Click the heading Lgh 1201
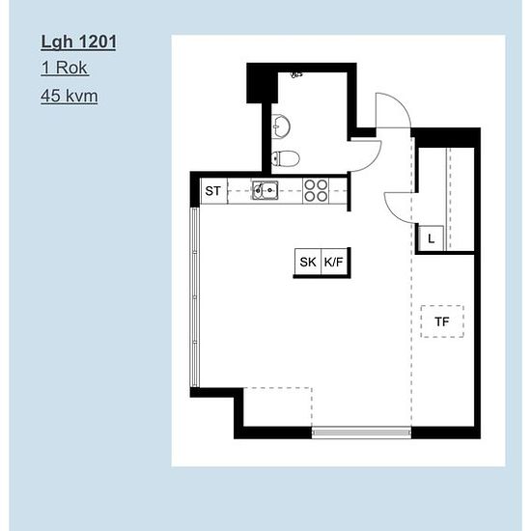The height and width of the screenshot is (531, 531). click(x=78, y=42)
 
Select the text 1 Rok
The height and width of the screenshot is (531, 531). click(x=65, y=68)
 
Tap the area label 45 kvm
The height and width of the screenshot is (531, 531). click(x=70, y=96)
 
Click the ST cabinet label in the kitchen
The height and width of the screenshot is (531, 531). click(x=212, y=191)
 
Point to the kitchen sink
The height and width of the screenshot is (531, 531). click(x=265, y=190)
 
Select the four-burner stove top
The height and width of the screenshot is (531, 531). click(x=316, y=191)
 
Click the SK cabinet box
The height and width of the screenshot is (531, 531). click(x=307, y=262)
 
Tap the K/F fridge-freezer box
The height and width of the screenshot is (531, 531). click(x=334, y=262)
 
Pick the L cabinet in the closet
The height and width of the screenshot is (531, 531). click(x=431, y=238)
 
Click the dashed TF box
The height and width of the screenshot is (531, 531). click(x=442, y=321)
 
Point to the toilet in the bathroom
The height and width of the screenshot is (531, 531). click(x=286, y=158)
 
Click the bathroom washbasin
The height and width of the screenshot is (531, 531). click(x=281, y=126)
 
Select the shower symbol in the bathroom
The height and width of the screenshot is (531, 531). click(x=296, y=75)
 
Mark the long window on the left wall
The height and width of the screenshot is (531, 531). click(x=195, y=297)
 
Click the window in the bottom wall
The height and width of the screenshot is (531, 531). click(x=361, y=433)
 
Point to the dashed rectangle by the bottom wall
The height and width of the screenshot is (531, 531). click(x=278, y=407)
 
